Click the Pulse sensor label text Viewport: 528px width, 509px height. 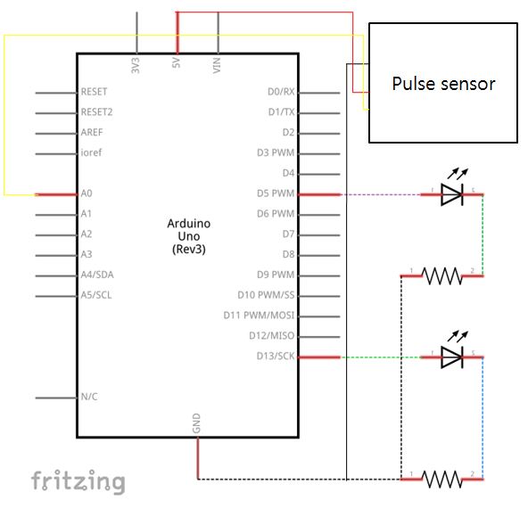tap(443, 84)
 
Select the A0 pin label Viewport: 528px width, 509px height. tap(87, 193)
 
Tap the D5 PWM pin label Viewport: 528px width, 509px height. tap(276, 193)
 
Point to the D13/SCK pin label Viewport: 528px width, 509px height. tap(276, 356)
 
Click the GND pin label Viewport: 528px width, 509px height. tap(196, 423)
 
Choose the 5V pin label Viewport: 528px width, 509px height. tap(176, 63)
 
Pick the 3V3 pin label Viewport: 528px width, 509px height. tap(135, 65)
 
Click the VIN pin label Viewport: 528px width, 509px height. tap(217, 65)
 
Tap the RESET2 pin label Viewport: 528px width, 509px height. tap(96, 111)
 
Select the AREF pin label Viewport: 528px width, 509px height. tap(92, 132)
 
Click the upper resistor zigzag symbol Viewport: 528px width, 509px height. tap(442, 276)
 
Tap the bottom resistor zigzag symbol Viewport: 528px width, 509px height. tap(442, 479)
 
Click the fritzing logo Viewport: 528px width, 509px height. tap(78, 481)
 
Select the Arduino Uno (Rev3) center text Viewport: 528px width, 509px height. tap(189, 236)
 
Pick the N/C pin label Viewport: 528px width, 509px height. tap(89, 397)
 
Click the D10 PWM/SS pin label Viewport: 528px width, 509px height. tap(266, 295)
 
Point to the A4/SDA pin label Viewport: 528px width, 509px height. tap(97, 275)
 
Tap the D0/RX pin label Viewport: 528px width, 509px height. tap(281, 92)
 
